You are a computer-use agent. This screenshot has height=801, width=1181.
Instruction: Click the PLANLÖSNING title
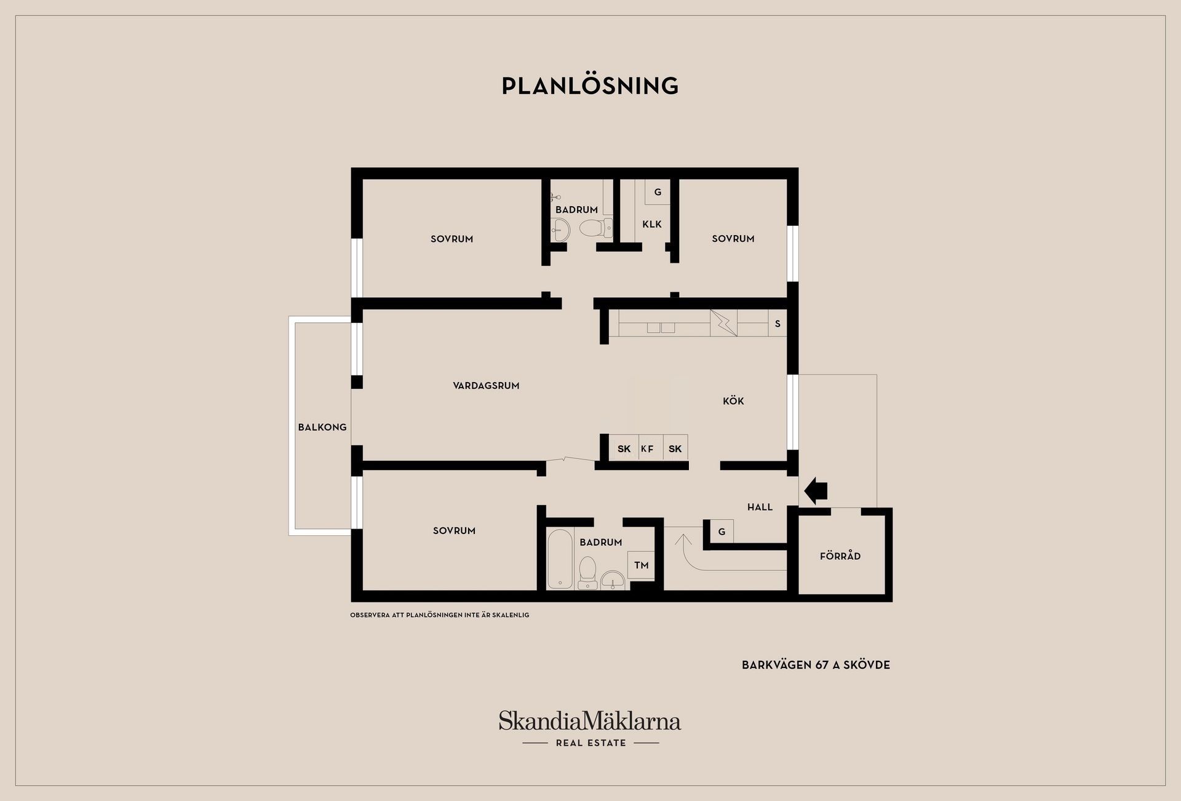coord(590,86)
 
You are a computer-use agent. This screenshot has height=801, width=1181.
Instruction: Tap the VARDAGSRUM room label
coord(486,386)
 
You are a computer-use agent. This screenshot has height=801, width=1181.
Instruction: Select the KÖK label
coord(733,400)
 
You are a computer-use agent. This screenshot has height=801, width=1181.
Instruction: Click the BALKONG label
coord(322,427)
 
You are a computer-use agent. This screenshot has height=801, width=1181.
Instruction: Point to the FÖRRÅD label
coord(840,556)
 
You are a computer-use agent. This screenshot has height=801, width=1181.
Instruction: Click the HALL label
coord(760,507)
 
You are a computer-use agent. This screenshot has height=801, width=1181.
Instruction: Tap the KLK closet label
coord(652,224)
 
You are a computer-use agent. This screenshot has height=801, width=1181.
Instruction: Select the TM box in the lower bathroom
coord(642,565)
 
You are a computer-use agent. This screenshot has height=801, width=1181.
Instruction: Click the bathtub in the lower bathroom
coord(560,559)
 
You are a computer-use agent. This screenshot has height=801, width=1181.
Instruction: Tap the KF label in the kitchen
coord(647,448)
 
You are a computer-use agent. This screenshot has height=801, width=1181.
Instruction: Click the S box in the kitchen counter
coord(777,324)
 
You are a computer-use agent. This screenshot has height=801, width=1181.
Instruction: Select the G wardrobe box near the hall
coord(722,532)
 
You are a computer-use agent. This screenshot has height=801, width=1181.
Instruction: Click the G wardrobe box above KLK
coord(658,192)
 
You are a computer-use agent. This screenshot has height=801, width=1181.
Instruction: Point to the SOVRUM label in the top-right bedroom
coord(733,239)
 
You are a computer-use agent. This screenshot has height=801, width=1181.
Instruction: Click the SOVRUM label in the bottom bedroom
coord(454,530)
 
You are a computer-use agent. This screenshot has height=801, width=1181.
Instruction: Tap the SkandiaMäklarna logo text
coord(590,720)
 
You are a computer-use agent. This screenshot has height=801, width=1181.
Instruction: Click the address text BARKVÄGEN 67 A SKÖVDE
coord(816,665)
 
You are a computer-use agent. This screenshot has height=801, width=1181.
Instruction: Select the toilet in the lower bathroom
coord(587,572)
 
